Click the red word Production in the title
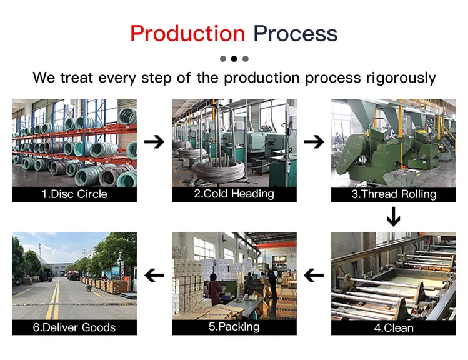(187, 33)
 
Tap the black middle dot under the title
(234, 59)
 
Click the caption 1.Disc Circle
(74, 194)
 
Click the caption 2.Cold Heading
(234, 194)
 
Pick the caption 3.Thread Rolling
(393, 194)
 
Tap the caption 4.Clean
(393, 327)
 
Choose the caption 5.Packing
(234, 327)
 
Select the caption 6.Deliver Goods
(74, 327)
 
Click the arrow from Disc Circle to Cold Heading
(154, 142)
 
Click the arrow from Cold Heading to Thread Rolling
(314, 142)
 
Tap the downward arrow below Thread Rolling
(393, 217)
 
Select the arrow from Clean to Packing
(314, 275)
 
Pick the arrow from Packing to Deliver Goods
(154, 275)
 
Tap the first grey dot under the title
(222, 59)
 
